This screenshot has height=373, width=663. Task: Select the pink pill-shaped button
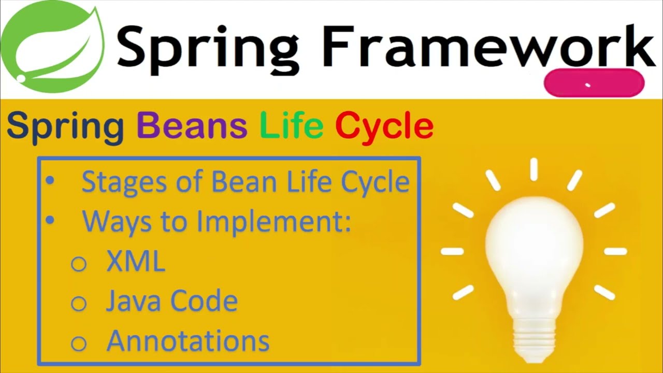pyautogui.click(x=594, y=83)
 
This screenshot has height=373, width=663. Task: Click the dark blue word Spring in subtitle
pyautogui.click(x=65, y=127)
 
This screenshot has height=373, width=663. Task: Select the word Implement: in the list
pyautogui.click(x=275, y=222)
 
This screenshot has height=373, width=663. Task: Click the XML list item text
pyautogui.click(x=136, y=262)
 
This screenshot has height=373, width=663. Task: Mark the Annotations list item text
pyautogui.click(x=188, y=341)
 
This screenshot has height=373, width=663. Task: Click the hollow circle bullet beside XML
pyautogui.click(x=78, y=264)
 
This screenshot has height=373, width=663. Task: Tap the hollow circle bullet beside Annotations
pyautogui.click(x=78, y=342)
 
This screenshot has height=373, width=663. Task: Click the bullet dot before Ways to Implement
pyautogui.click(x=50, y=221)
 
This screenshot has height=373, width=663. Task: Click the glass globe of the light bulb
pyautogui.click(x=534, y=243)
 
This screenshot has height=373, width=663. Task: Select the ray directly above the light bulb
pyautogui.click(x=534, y=169)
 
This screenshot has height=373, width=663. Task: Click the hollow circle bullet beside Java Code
pyautogui.click(x=78, y=303)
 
